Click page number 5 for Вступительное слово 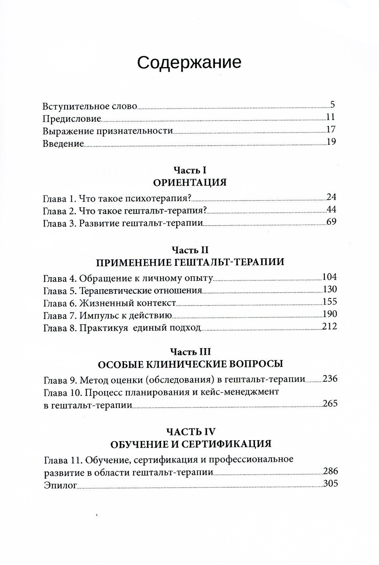(332, 105)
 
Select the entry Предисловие (72, 118)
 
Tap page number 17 (331, 130)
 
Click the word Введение (63, 143)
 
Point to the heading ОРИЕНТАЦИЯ (189, 183)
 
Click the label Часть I (189, 170)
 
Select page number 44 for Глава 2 (331, 210)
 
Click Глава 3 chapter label (60, 223)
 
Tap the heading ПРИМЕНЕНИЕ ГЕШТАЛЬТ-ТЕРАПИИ (189, 262)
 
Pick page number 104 (329, 276)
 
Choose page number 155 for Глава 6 (329, 302)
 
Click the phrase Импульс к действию (126, 315)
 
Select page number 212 (329, 326)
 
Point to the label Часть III (189, 352)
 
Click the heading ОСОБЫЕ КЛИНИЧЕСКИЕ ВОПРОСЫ (189, 364)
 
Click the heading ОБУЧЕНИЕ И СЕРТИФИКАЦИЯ (189, 444)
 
